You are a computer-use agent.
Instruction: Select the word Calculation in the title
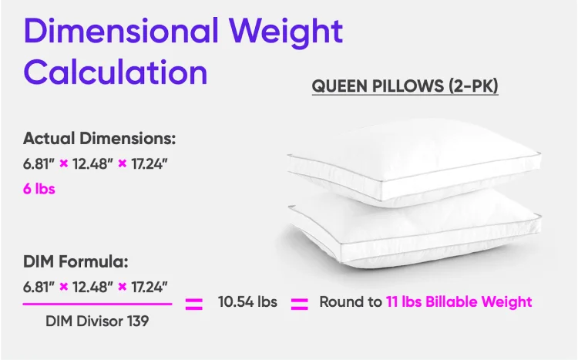click(116, 72)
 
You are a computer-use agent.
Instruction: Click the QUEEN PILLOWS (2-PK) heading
click(405, 85)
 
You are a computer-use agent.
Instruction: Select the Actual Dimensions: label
click(99, 139)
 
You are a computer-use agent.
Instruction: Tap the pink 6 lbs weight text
click(39, 188)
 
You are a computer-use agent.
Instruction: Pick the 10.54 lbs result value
click(247, 301)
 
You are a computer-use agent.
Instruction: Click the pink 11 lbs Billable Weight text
click(459, 301)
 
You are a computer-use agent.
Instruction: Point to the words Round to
click(351, 301)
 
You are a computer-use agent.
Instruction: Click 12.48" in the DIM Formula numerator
click(92, 287)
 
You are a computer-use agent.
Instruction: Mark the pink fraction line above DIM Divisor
click(97, 304)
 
